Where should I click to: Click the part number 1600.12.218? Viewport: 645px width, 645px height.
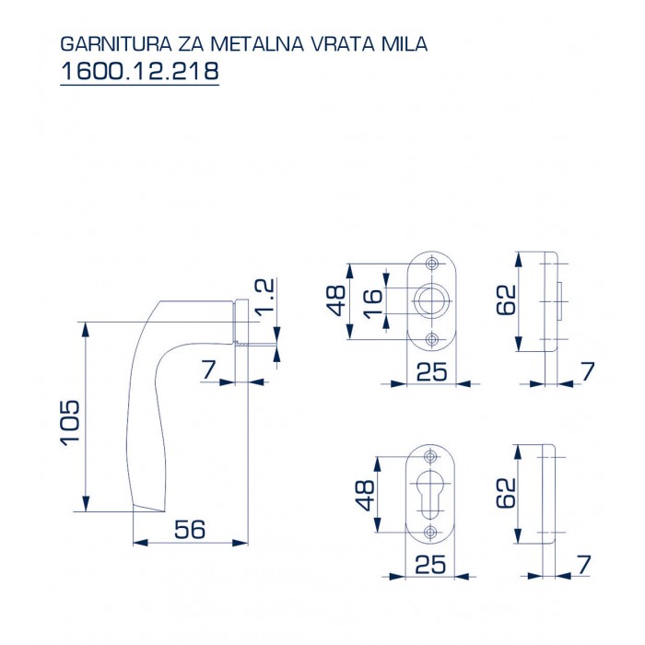point(139,70)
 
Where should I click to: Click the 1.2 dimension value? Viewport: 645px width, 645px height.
point(264,298)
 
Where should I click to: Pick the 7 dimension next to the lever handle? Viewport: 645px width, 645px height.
point(208,369)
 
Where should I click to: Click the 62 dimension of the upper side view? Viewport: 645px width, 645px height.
point(505,300)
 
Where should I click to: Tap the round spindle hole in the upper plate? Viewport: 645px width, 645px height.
point(430,300)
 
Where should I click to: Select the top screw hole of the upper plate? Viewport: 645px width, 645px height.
point(430,263)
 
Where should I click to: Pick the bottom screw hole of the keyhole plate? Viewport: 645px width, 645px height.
point(430,534)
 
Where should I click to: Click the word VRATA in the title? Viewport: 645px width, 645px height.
point(343,43)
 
